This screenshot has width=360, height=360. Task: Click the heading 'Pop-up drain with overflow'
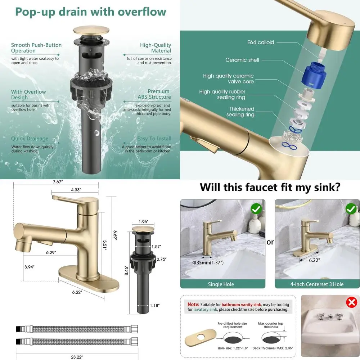point(90,12)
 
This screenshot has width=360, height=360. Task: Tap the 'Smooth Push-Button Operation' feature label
point(36,48)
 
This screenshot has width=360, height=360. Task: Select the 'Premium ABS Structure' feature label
point(154,94)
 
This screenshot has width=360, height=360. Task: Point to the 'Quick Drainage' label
point(30,139)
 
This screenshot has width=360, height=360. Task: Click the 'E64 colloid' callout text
point(260,42)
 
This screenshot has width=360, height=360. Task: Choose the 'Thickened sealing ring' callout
point(242,112)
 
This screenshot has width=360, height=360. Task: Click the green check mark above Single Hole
point(256,209)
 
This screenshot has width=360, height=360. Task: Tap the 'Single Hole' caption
point(221,284)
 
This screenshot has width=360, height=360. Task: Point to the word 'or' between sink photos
point(270,242)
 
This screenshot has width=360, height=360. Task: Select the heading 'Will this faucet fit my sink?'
point(270,188)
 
